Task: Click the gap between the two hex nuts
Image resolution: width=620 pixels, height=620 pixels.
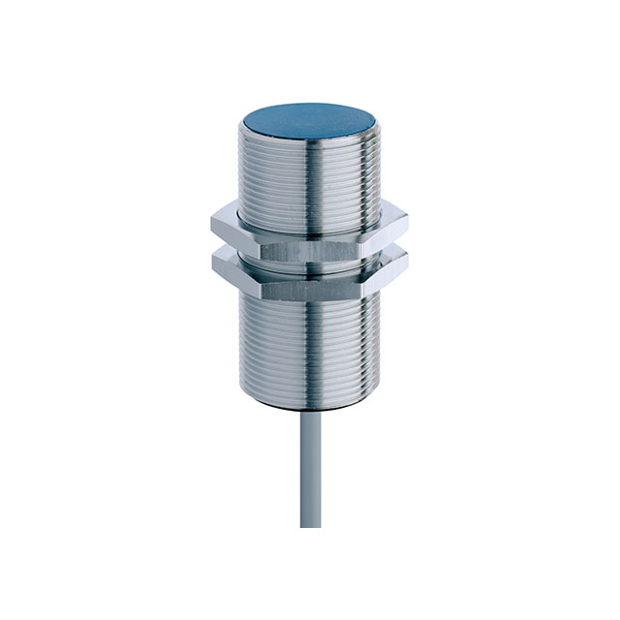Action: [309, 249]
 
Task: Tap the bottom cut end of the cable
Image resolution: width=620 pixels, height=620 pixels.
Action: [309, 524]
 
